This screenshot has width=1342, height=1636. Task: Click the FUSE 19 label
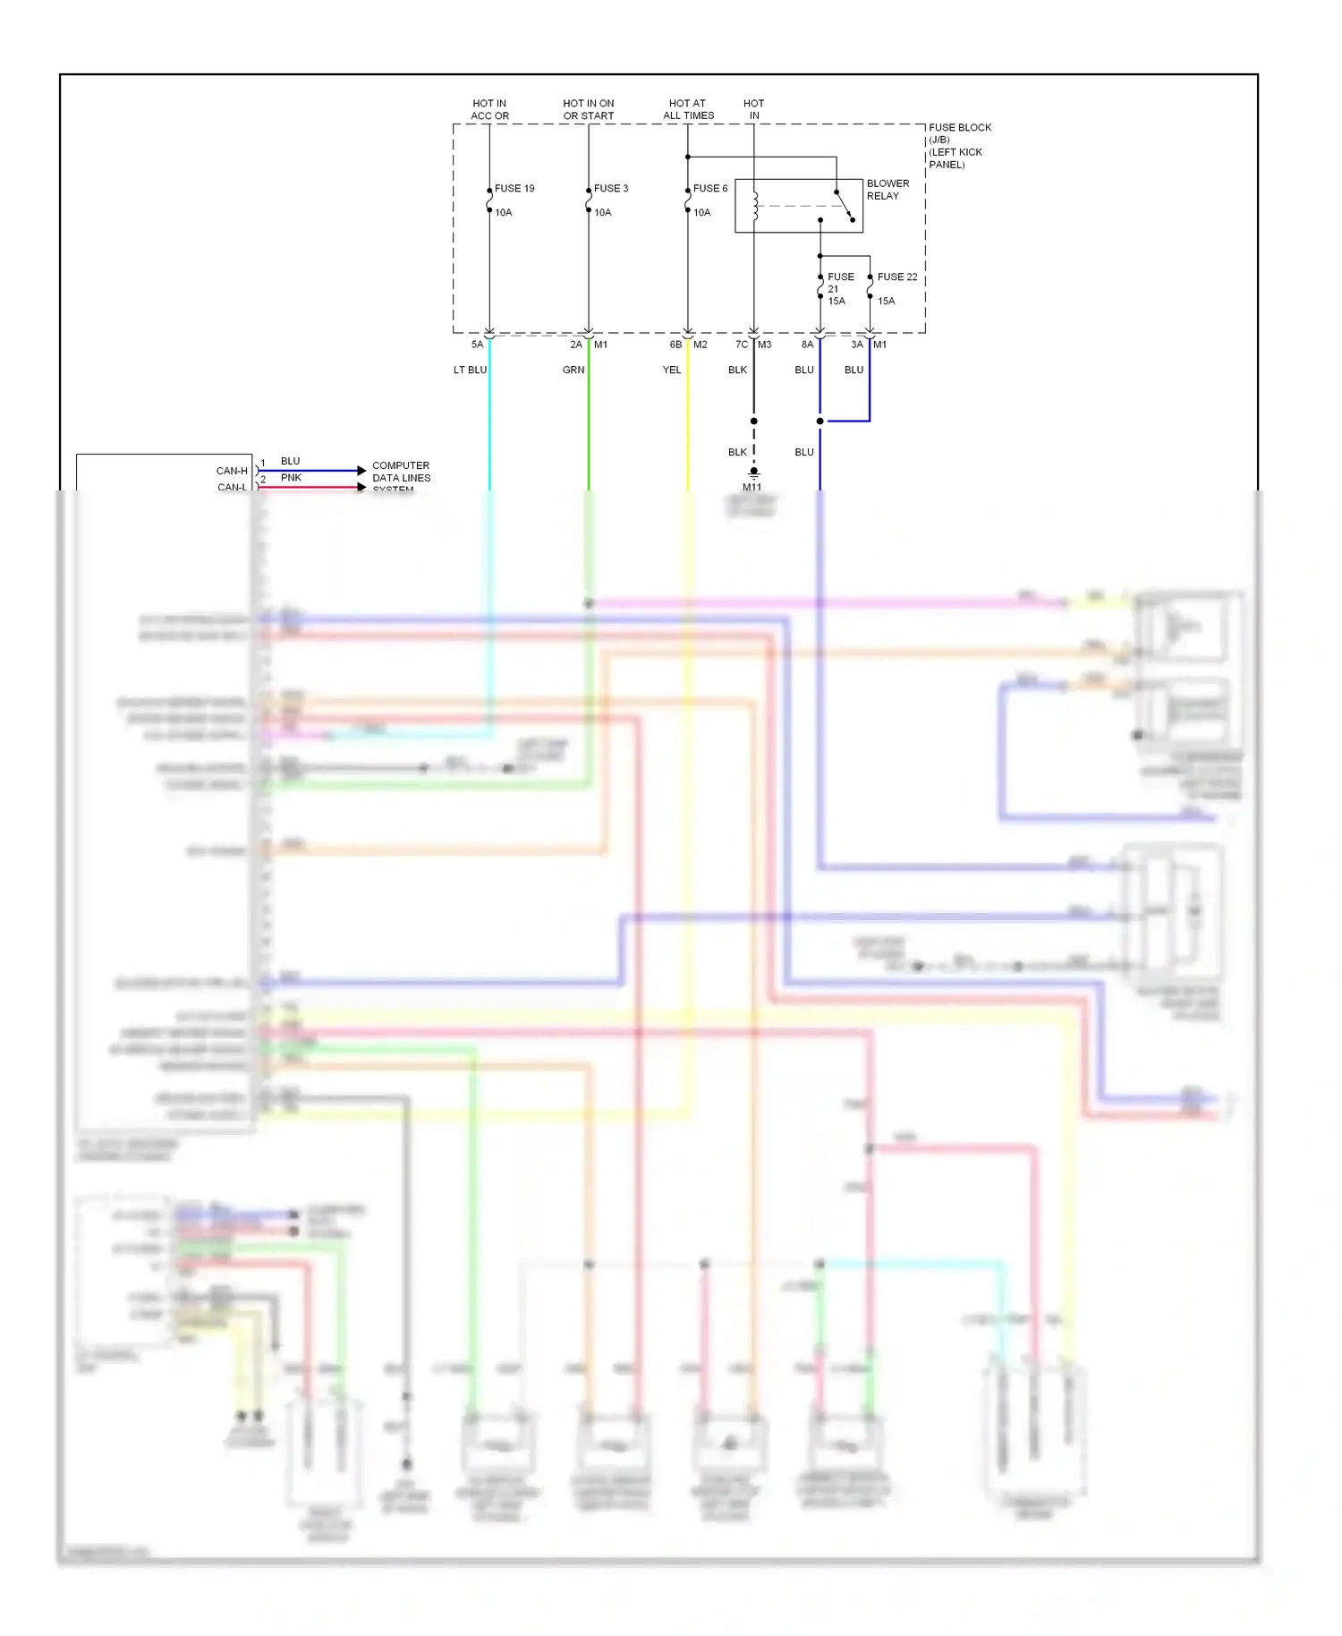click(x=514, y=189)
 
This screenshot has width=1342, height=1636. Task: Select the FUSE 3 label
click(x=611, y=189)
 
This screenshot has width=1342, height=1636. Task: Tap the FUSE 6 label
click(x=710, y=189)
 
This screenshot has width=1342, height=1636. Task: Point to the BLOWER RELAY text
click(x=888, y=190)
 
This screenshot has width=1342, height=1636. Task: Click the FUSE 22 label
click(x=896, y=277)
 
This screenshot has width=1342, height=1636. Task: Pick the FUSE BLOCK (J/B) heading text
click(x=959, y=133)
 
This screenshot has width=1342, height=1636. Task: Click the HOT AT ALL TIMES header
click(x=688, y=109)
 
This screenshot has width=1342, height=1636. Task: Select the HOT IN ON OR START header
click(x=589, y=109)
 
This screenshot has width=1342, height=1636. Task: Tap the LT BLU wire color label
click(x=470, y=370)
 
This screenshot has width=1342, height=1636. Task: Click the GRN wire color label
click(x=573, y=370)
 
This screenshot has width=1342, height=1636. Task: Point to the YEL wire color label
click(x=672, y=370)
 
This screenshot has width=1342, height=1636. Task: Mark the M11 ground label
click(x=752, y=487)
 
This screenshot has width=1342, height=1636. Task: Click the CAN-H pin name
click(x=232, y=471)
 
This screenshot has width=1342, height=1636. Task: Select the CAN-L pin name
click(x=232, y=487)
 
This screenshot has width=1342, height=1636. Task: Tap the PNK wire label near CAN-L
click(x=291, y=478)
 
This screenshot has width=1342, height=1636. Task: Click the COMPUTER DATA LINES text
click(x=401, y=472)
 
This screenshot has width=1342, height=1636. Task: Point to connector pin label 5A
click(x=477, y=345)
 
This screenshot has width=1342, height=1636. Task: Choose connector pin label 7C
click(x=742, y=345)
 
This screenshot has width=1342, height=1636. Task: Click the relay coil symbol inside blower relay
click(x=755, y=206)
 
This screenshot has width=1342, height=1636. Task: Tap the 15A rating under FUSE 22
click(x=886, y=302)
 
